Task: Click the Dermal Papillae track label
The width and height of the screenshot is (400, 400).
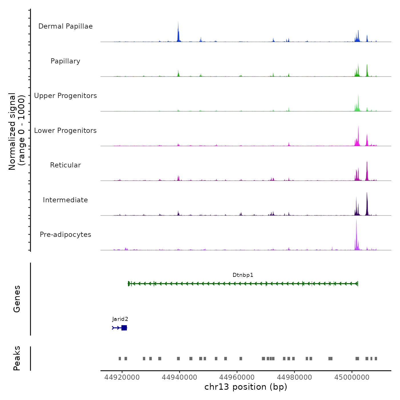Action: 65,26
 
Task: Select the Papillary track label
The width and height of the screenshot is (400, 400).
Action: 65,61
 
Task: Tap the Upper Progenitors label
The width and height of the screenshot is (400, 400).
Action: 65,96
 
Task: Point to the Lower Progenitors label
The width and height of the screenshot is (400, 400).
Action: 65,131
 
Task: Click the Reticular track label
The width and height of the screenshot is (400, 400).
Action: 65,165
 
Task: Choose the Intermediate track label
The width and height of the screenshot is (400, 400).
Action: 65,200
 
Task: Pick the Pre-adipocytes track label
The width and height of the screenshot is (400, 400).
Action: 65,235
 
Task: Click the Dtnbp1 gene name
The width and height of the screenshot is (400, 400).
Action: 243,275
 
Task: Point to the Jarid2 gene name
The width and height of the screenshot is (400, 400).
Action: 120,319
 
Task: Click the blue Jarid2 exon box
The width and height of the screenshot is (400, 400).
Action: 124,328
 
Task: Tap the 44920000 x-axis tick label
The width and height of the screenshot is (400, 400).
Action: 122,377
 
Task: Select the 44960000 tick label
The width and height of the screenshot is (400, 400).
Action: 237,377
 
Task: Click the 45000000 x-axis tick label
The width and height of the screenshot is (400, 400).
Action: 352,377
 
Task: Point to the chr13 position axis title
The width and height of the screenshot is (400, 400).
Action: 246,387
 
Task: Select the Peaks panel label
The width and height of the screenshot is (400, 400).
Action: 17,358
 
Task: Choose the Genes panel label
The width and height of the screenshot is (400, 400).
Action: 17,299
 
